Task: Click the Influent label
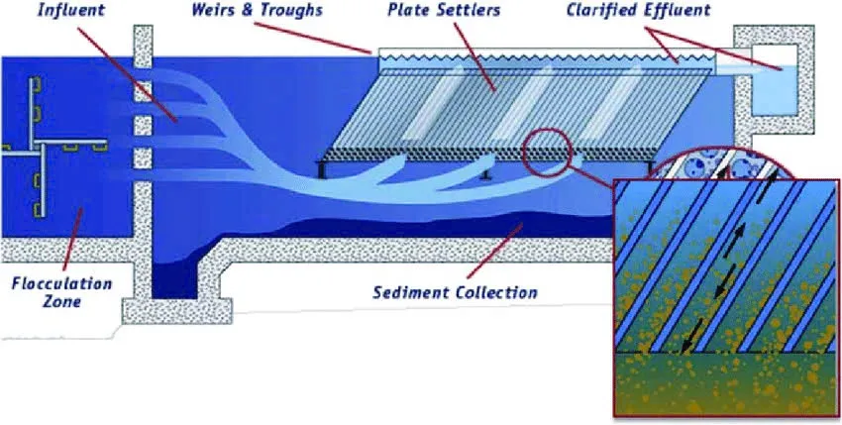[70, 10]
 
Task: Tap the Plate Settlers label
[444, 10]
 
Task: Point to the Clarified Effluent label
[639, 10]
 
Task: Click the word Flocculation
[61, 283]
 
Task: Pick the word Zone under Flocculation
[62, 301]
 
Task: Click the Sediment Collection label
[455, 293]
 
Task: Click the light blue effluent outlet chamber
[774, 80]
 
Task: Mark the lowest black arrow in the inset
[691, 336]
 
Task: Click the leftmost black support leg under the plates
[322, 169]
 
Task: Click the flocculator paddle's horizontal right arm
[71, 144]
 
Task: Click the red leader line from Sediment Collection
[494, 251]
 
